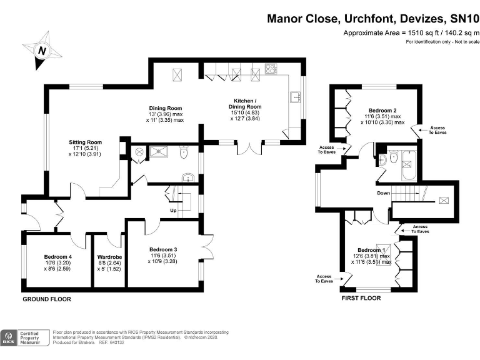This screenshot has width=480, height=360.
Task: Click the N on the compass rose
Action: [x=42, y=51]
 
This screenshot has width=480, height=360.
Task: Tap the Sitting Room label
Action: [x=86, y=142]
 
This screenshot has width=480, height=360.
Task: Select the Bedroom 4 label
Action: [x=58, y=257]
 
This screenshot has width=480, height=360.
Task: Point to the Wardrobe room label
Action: [x=109, y=257]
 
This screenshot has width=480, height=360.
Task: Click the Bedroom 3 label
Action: [x=163, y=249]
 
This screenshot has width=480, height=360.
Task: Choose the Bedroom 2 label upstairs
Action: [x=382, y=111]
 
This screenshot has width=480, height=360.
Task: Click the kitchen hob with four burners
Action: [x=271, y=69]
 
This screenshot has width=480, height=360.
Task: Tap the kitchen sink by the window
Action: [x=295, y=97]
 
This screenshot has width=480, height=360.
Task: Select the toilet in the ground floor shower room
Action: [x=184, y=152]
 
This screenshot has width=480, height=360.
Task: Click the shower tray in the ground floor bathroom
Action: [x=159, y=151]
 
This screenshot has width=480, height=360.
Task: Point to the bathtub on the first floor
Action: [x=409, y=165]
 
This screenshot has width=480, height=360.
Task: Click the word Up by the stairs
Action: [x=173, y=211]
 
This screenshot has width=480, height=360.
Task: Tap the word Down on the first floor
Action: [x=384, y=193]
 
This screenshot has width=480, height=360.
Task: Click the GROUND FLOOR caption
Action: [x=47, y=299]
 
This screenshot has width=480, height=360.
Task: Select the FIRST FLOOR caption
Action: [x=361, y=298]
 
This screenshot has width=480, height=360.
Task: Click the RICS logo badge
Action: [x=9, y=338]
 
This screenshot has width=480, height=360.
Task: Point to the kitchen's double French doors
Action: [x=250, y=148]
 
